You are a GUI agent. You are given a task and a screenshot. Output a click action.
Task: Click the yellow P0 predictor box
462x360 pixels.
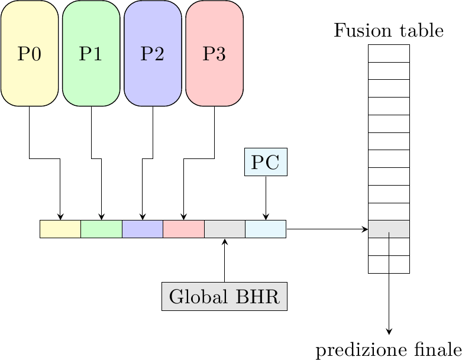click(30, 53)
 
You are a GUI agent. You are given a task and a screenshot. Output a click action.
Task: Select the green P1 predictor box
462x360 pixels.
click(91, 53)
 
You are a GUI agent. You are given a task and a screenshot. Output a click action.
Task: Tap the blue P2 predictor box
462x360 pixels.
click(153, 53)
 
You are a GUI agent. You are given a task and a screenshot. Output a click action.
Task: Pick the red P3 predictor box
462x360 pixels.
click(214, 53)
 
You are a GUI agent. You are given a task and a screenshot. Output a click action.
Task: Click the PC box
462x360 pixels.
click(266, 162)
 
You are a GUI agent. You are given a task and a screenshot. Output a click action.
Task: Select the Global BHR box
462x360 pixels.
click(224, 296)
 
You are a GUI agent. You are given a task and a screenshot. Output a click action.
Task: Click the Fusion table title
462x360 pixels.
click(389, 31)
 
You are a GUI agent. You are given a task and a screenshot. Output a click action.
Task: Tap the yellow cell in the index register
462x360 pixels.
click(60, 229)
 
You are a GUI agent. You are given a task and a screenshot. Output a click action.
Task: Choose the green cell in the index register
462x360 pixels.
click(101, 229)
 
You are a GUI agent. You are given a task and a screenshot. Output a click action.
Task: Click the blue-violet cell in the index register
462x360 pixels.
click(142, 229)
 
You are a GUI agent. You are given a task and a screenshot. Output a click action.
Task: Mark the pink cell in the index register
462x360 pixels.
click(183, 229)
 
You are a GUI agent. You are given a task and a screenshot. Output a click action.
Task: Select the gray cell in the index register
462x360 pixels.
click(224, 229)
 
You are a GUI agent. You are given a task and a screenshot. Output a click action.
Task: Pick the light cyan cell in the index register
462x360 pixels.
click(266, 229)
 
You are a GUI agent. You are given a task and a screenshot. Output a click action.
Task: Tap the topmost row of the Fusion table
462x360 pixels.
click(389, 53)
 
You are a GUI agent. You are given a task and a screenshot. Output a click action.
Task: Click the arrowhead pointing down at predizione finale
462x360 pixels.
click(389, 332)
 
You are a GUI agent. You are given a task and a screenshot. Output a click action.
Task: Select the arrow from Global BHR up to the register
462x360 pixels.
click(224, 260)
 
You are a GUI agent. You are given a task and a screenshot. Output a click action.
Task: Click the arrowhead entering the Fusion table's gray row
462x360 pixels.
click(366, 229)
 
